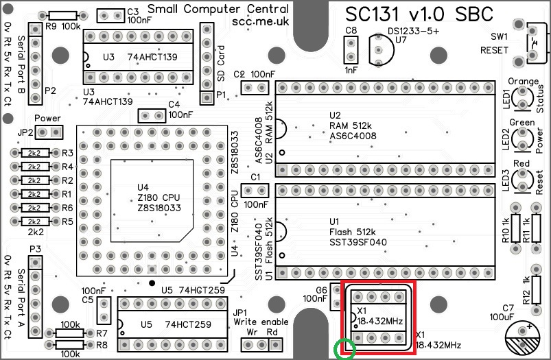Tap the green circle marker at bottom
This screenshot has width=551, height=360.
(x=344, y=349)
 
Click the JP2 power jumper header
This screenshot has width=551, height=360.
(x=49, y=132)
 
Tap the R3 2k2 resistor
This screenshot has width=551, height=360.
(x=34, y=153)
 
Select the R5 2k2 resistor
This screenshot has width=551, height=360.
(x=34, y=221)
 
